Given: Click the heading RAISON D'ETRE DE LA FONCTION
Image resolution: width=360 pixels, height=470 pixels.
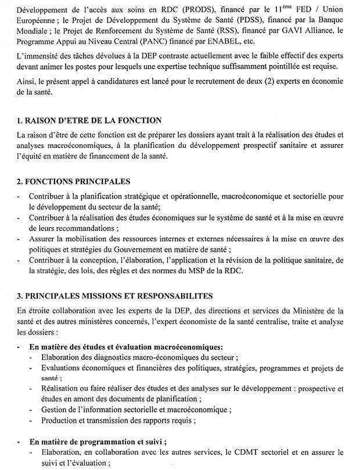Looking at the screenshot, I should pyautogui.click(x=89, y=121).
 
